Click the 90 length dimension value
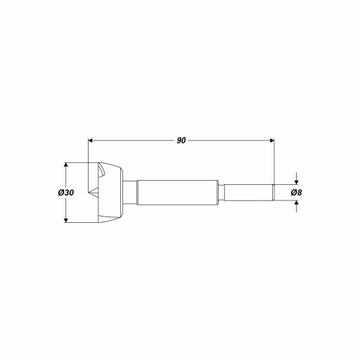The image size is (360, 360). click(x=181, y=141)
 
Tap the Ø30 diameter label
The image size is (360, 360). click(x=66, y=193)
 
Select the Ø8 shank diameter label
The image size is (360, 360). click(x=296, y=192)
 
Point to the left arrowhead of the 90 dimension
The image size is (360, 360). click(x=91, y=141)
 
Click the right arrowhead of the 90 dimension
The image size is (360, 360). click(x=272, y=141)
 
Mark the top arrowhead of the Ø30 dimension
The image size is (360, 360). click(x=66, y=165)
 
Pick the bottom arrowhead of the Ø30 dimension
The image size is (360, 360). click(x=66, y=220)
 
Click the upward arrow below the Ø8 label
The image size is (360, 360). click(x=296, y=206)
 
